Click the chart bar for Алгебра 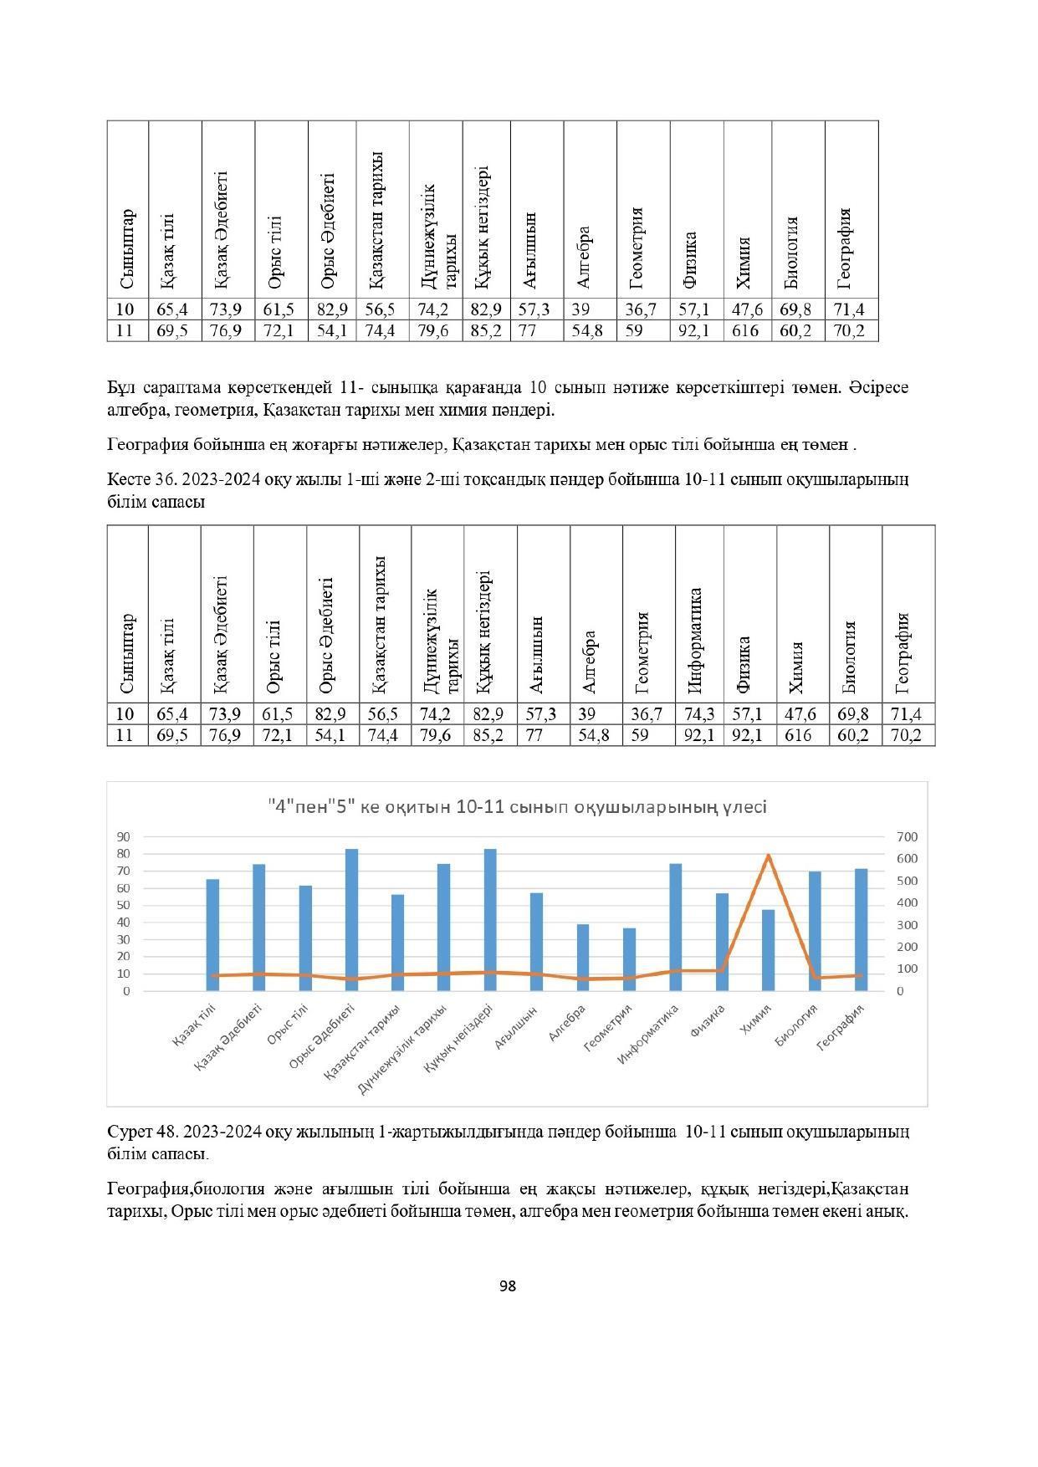pos(583,958)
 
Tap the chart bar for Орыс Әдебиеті pos(351,920)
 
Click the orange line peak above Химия pos(768,855)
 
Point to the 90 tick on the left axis pos(124,836)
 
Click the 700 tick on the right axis pos(907,836)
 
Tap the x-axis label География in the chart pos(840,1026)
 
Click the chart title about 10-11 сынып pos(517,807)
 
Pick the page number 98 pos(507,1286)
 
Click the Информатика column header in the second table pos(695,641)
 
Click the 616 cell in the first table pos(745,331)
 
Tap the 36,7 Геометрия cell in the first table pos(641,309)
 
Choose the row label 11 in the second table pos(125,735)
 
